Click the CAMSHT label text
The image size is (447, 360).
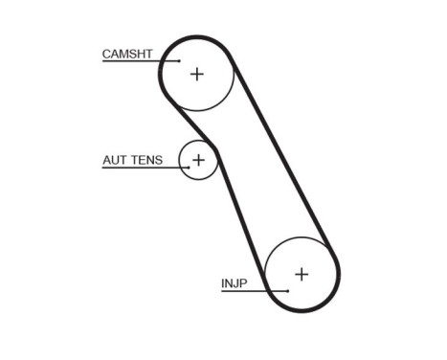pyautogui.click(x=128, y=54)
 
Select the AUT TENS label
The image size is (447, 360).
pyautogui.click(x=132, y=160)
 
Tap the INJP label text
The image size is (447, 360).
pyautogui.click(x=235, y=283)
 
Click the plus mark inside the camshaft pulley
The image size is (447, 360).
pyautogui.click(x=196, y=74)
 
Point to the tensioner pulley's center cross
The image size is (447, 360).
pyautogui.click(x=198, y=160)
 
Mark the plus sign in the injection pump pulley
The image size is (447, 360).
pyautogui.click(x=302, y=274)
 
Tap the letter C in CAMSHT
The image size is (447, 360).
pyautogui.click(x=107, y=54)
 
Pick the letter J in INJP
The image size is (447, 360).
pyautogui.click(x=235, y=283)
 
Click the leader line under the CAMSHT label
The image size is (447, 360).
pyautogui.click(x=134, y=62)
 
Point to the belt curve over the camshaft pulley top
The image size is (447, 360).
pyautogui.click(x=196, y=37)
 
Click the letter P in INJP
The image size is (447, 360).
pyautogui.click(x=243, y=283)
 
